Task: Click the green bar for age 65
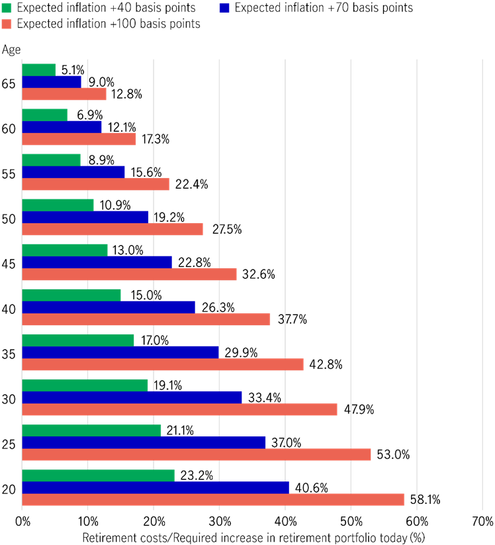point(39,70)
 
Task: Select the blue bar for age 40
point(109,307)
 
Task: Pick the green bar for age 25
point(91,430)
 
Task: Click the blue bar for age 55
point(73,172)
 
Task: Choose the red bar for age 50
point(112,229)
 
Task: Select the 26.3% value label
point(215,307)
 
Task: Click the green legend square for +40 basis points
point(7,9)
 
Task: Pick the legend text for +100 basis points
point(109,24)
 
